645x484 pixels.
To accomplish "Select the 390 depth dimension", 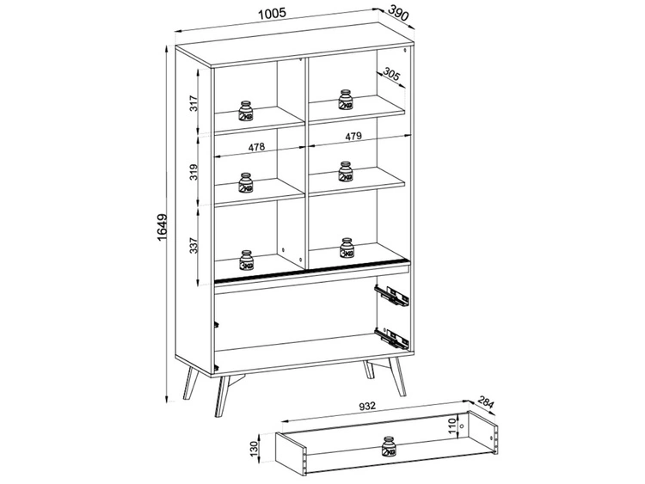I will tap(396, 13).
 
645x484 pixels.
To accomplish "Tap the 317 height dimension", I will tap(194, 105).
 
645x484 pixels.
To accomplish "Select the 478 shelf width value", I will tap(255, 147).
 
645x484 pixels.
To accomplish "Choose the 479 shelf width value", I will tap(354, 137).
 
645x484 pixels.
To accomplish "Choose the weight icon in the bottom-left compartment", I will tap(247, 258).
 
